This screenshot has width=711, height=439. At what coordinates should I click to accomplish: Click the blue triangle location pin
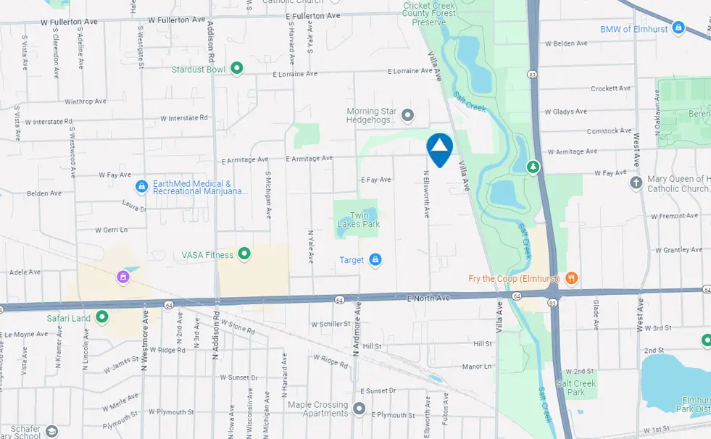(x=439, y=149)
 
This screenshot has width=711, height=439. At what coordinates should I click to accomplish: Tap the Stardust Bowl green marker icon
(x=236, y=69)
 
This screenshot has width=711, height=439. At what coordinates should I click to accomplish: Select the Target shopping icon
(x=375, y=260)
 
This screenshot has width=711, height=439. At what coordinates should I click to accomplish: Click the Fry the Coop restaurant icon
(x=571, y=277)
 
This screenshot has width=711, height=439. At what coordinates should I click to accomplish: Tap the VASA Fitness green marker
(x=244, y=254)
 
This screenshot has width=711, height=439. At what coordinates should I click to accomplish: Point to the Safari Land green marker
(x=102, y=317)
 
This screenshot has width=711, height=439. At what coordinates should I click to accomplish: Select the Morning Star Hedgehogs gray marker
(x=407, y=114)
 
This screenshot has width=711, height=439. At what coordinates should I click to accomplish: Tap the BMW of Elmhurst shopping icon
(x=678, y=28)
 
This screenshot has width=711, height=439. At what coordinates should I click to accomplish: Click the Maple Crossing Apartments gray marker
(x=359, y=409)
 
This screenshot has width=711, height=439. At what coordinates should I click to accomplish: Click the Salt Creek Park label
(x=576, y=388)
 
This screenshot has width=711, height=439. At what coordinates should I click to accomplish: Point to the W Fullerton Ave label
(x=70, y=22)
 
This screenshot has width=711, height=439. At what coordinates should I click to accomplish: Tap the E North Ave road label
(x=429, y=298)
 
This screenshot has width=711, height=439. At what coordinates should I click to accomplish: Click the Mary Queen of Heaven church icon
(x=636, y=182)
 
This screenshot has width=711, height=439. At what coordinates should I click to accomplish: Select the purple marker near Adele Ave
(x=123, y=276)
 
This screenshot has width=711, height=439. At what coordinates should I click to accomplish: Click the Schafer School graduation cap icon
(x=51, y=431)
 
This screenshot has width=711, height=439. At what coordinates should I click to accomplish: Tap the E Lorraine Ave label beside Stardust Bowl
(x=295, y=74)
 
